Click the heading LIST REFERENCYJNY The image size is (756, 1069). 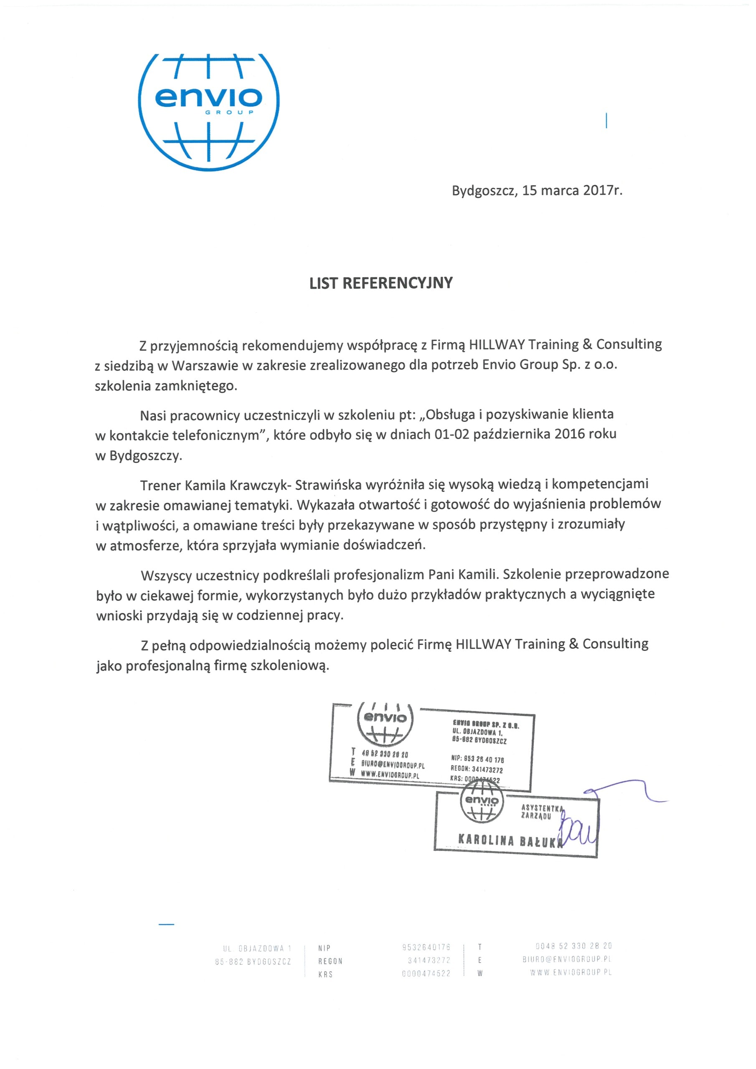pyautogui.click(x=381, y=283)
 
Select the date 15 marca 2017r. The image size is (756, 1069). pyautogui.click(x=572, y=190)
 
